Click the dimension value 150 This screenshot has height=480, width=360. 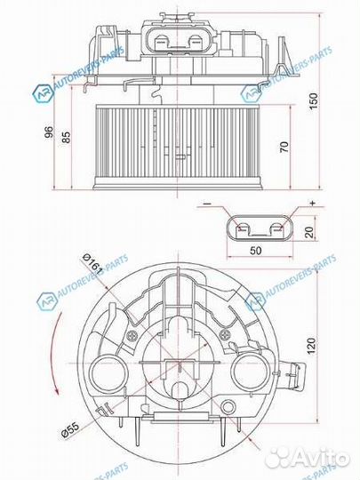312,102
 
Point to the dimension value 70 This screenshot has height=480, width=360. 284,146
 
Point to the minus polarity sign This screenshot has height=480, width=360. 206,204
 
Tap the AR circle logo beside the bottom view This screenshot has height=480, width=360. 45,301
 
